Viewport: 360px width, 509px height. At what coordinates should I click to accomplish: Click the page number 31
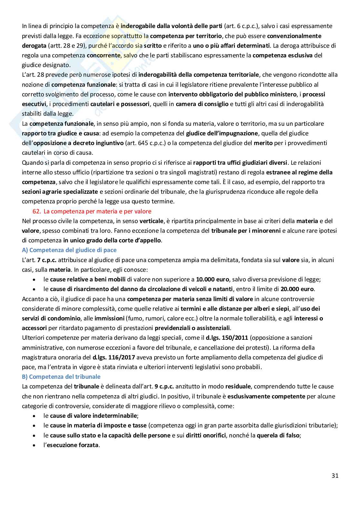click(x=335, y=475)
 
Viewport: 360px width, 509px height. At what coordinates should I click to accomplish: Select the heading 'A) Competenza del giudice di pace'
click(x=69, y=250)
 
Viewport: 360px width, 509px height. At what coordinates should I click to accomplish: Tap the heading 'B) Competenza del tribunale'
click(x=61, y=377)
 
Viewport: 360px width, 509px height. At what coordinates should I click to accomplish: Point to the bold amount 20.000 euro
click(x=298, y=289)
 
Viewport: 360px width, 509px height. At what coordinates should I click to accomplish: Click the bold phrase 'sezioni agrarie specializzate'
click(x=60, y=192)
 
